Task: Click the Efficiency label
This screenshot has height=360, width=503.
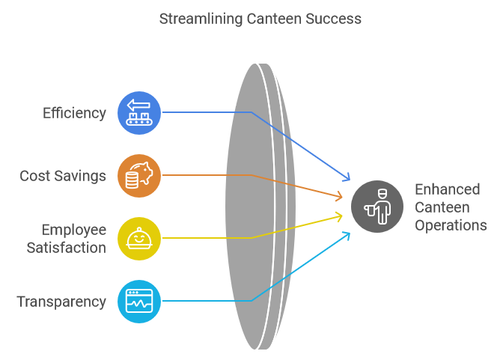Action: click(x=74, y=113)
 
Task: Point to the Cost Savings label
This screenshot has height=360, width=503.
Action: click(x=63, y=176)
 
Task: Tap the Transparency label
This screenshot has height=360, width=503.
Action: click(x=61, y=302)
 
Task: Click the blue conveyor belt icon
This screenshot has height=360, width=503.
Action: click(x=139, y=113)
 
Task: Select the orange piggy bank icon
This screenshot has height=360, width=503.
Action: click(x=139, y=176)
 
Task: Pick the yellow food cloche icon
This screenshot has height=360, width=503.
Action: click(x=139, y=239)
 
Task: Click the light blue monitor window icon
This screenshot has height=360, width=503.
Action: click(x=139, y=302)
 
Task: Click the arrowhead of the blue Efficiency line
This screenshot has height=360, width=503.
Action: click(x=347, y=178)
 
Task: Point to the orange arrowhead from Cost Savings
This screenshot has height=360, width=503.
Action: click(x=341, y=197)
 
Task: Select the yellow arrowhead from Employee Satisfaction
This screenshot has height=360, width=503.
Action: click(x=341, y=216)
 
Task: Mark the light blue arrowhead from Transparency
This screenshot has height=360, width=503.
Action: click(x=347, y=234)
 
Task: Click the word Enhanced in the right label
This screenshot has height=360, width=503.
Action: click(x=447, y=189)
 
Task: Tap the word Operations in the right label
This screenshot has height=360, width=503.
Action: click(x=451, y=225)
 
